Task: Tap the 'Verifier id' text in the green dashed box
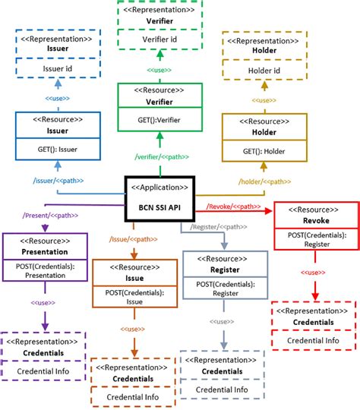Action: [161, 38]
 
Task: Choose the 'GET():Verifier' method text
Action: [160, 119]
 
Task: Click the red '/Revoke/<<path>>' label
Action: [233, 207]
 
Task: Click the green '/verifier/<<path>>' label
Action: [160, 157]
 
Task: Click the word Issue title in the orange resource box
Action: [134, 279]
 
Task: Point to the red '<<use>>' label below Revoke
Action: [314, 271]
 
